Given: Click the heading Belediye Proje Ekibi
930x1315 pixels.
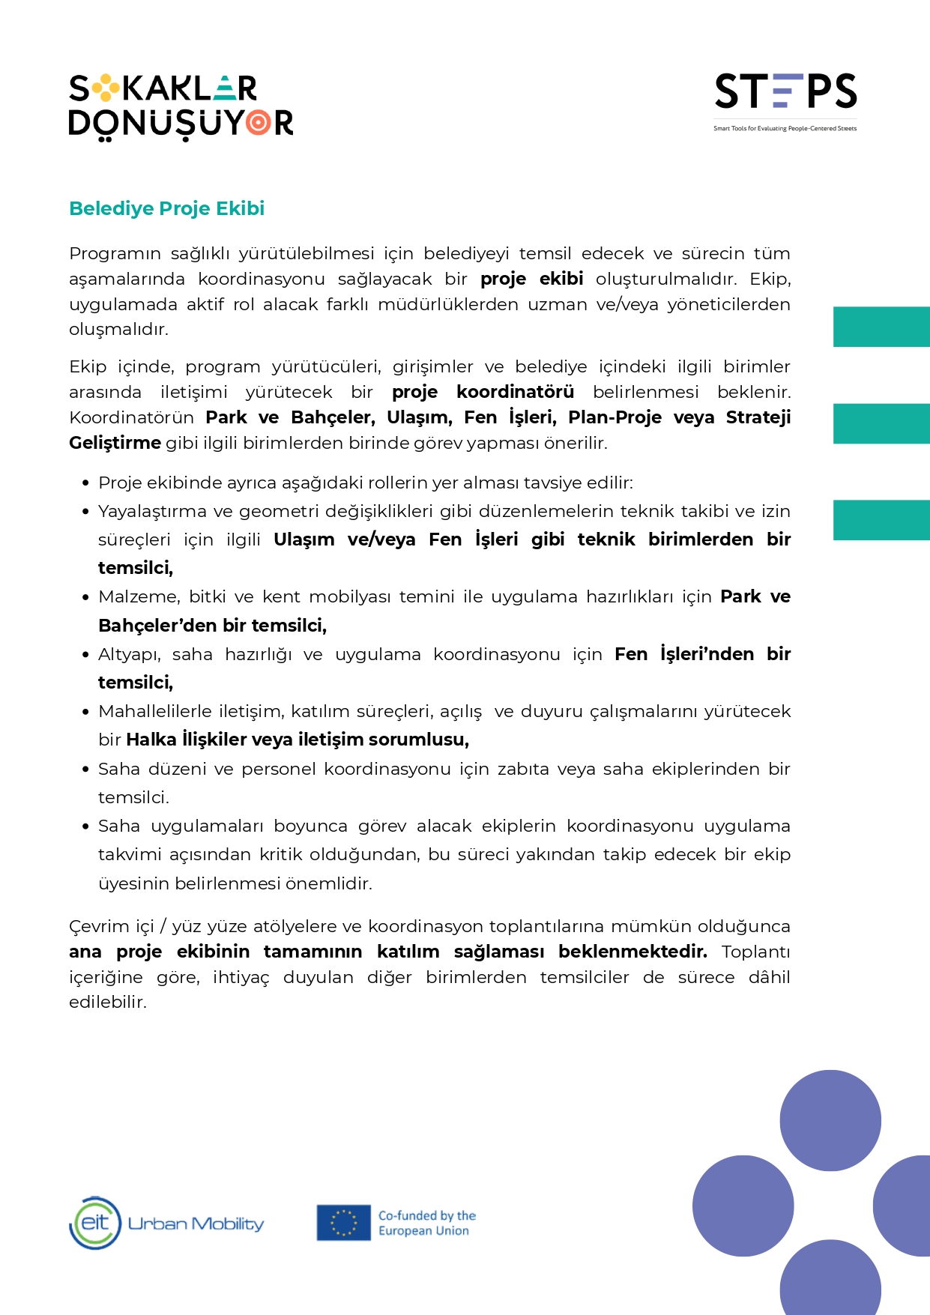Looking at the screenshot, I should (166, 208).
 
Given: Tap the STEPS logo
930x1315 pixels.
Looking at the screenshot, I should (785, 91).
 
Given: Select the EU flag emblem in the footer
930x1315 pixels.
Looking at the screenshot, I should (343, 1222).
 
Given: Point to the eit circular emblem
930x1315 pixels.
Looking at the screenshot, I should (95, 1223).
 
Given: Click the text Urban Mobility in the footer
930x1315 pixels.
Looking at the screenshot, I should (196, 1224).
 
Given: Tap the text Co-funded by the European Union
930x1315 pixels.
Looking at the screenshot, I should (426, 1223).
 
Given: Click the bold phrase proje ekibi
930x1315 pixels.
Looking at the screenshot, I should (531, 279).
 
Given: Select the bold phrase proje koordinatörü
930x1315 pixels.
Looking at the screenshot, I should (483, 392).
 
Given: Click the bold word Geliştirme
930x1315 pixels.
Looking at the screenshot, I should (115, 443).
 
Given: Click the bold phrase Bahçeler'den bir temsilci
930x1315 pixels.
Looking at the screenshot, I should (212, 625).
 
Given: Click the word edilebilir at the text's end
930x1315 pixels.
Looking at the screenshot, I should (107, 1003).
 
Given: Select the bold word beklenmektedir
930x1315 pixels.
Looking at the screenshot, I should (632, 952).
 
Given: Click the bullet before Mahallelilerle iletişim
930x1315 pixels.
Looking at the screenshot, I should (85, 712).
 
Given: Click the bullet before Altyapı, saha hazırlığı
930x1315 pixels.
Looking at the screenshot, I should (85, 655).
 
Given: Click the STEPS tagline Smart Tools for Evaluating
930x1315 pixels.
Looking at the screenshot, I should (785, 129).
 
